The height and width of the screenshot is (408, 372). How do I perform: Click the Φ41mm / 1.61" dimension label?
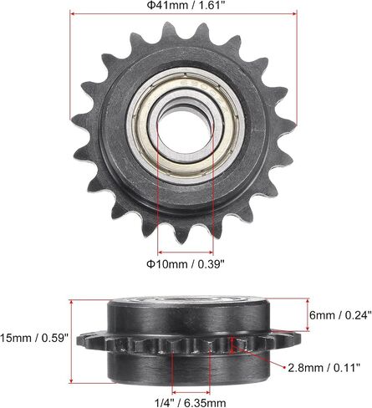coord(186,5)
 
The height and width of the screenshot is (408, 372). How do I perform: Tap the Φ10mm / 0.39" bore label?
coord(186,263)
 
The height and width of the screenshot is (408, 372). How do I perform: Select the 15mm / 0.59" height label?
coord(34,338)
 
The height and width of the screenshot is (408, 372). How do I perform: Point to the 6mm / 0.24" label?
coord(340,315)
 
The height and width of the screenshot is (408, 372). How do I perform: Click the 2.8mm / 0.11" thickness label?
coord(324,368)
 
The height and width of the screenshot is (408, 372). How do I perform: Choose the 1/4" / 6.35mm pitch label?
coord(191,402)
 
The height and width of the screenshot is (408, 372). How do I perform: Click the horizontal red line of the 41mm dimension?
coord(183,13)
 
